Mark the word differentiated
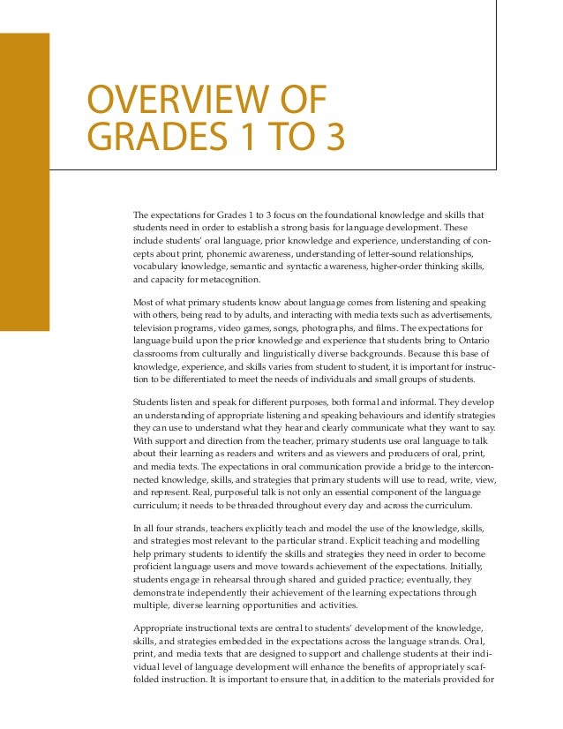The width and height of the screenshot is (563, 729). (192, 380)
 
